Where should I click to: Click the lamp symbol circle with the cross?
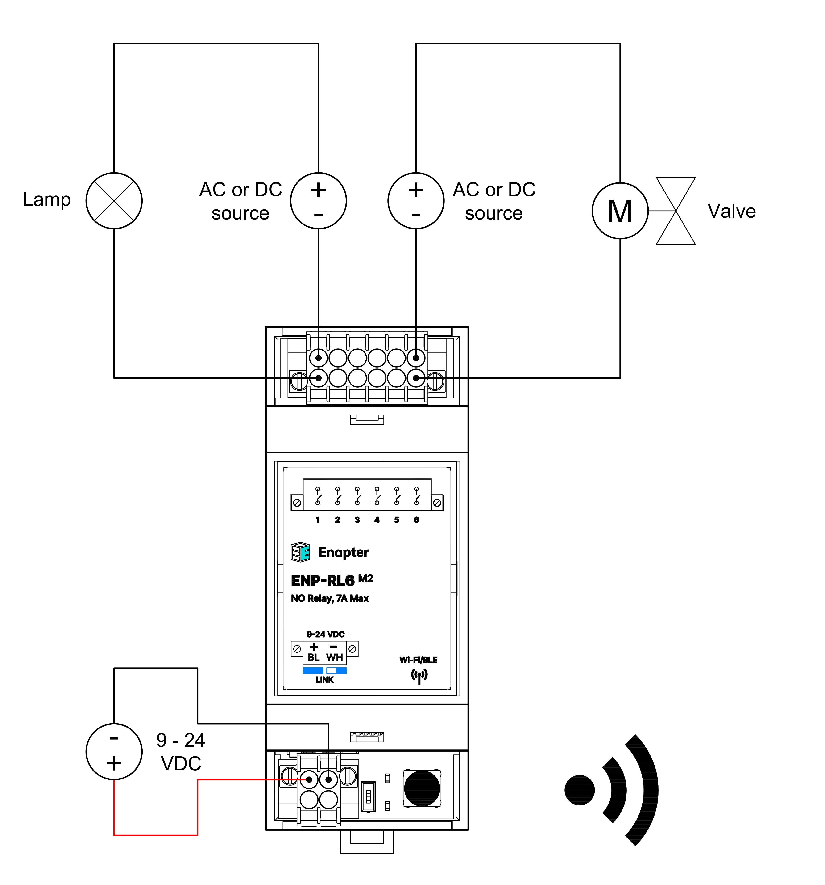[x=114, y=201]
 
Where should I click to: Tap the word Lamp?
[x=47, y=199]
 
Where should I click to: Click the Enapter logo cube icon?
[x=300, y=552]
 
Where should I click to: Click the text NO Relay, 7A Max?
[x=330, y=598]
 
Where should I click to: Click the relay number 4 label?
[x=377, y=520]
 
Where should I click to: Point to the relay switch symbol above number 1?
[x=318, y=496]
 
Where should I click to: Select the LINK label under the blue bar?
[x=324, y=680]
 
